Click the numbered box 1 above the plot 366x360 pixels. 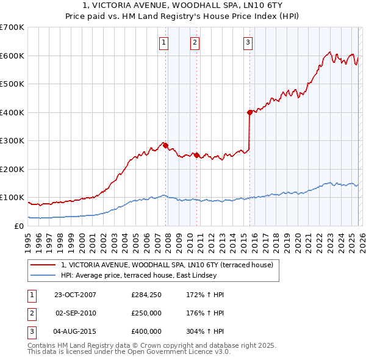[x=165, y=42]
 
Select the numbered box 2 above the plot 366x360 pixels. [x=194, y=42]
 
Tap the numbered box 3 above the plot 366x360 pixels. [x=248, y=42]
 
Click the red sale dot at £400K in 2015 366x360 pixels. [x=249, y=112]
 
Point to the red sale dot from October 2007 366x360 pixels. [x=165, y=145]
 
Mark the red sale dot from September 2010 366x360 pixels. [x=196, y=155]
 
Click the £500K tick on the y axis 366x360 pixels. [x=12, y=84]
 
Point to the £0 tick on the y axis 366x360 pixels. [x=18, y=226]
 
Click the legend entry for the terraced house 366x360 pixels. [x=170, y=264]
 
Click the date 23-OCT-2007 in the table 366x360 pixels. [x=75, y=295]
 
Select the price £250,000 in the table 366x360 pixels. [x=146, y=313]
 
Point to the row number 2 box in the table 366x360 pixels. [x=31, y=313]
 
